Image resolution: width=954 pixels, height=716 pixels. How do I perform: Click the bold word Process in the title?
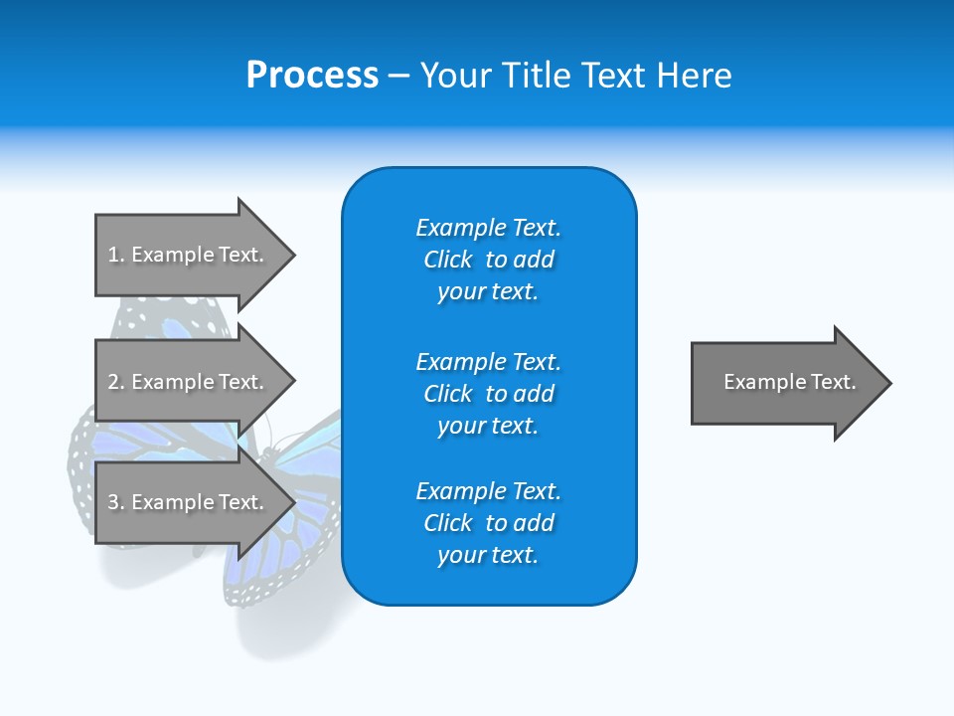[x=312, y=76]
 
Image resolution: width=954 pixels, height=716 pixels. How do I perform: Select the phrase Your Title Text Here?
[x=575, y=76]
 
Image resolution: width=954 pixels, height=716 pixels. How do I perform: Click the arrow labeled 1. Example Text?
[x=189, y=255]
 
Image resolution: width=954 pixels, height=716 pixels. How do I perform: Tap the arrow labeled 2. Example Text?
[x=189, y=382]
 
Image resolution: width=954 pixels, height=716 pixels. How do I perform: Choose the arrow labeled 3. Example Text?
[x=189, y=502]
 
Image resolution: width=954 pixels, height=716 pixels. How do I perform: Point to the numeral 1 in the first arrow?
[x=112, y=255]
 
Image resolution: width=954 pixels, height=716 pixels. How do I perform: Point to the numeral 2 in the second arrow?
[x=113, y=382]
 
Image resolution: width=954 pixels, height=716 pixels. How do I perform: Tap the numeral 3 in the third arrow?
[x=113, y=502]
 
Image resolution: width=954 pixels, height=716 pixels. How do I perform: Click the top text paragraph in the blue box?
[x=488, y=260]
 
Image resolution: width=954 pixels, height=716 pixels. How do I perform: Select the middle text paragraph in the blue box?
[x=488, y=394]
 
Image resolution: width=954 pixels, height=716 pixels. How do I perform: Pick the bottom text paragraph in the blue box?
[x=488, y=523]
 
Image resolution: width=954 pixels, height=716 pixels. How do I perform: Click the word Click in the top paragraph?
[x=448, y=260]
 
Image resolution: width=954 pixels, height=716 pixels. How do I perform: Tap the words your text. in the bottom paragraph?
[x=488, y=555]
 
